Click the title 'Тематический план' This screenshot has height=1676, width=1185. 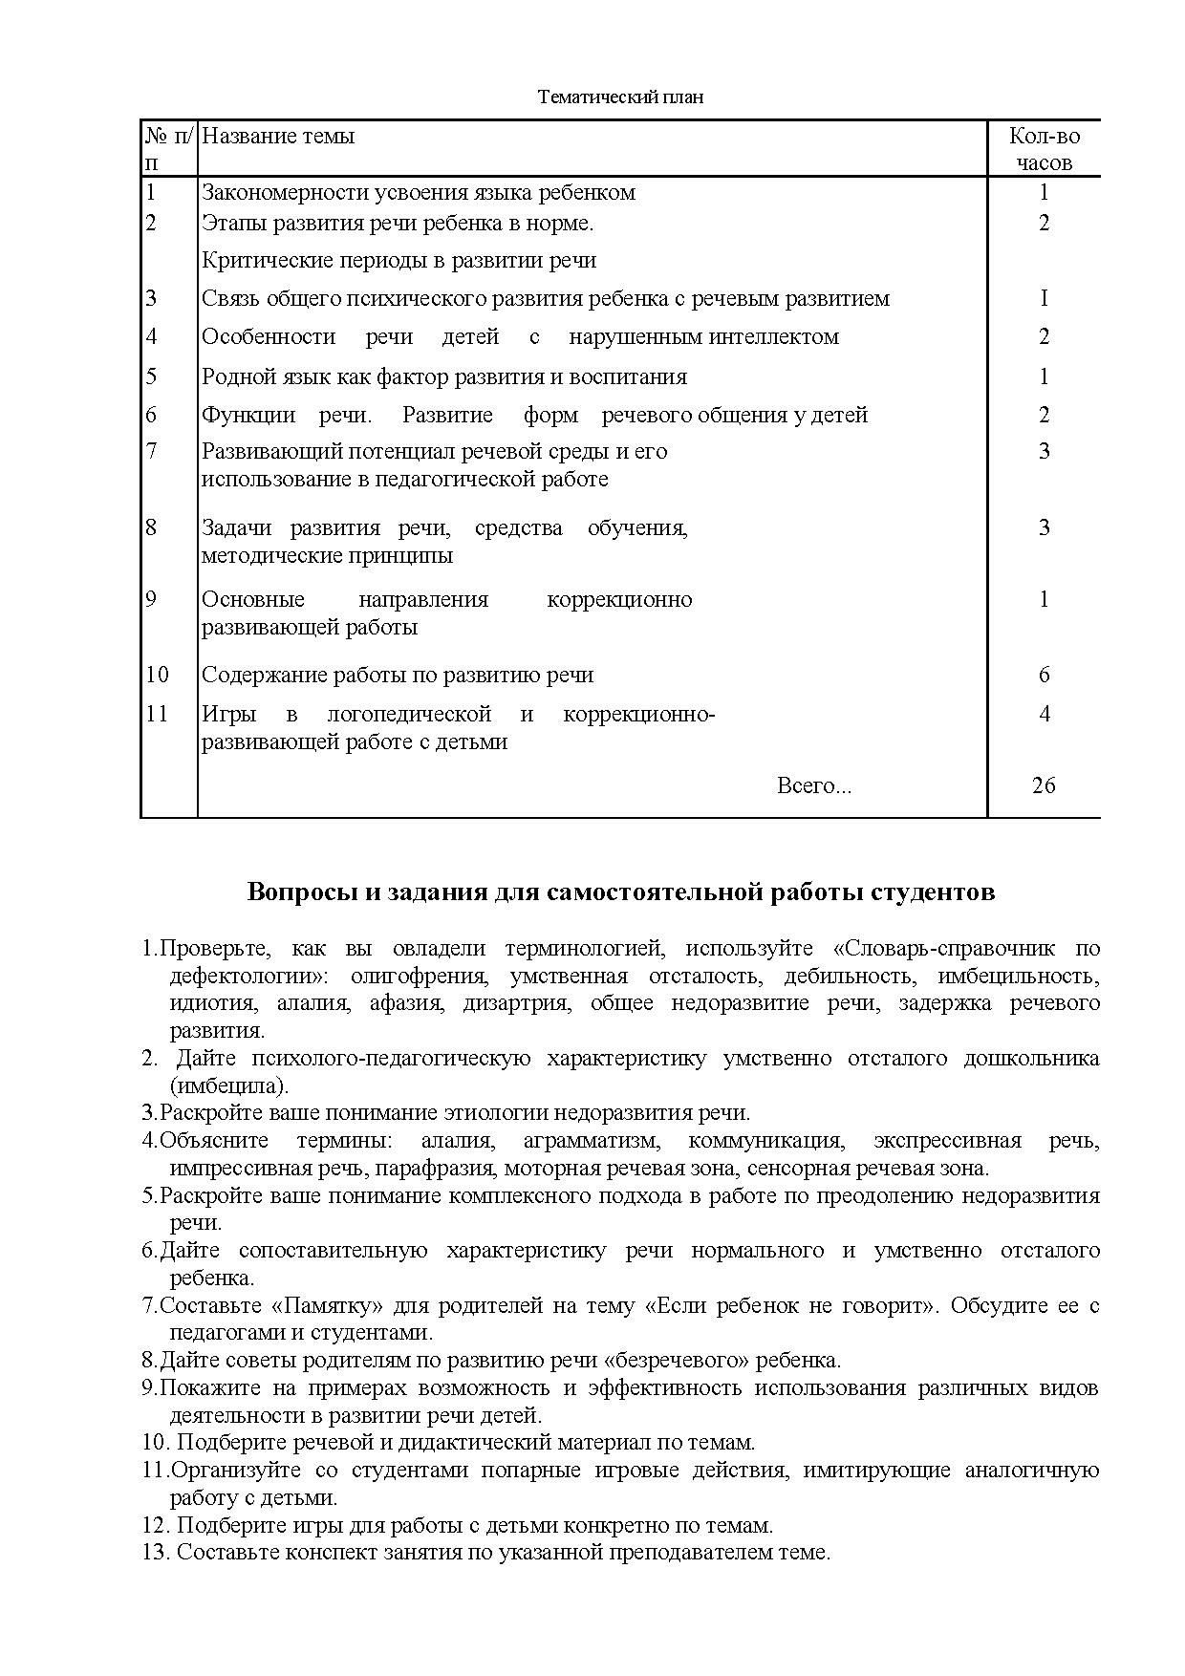point(620,97)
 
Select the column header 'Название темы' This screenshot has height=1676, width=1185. point(278,136)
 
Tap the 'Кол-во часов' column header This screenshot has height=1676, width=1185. point(1044,149)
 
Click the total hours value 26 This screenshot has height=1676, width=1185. point(1044,785)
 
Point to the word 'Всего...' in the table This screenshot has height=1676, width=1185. point(813,785)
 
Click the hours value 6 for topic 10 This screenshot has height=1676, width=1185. point(1044,675)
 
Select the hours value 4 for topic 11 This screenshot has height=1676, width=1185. point(1044,714)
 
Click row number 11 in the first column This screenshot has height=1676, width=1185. point(157,714)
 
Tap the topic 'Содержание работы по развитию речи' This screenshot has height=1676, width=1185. point(398,675)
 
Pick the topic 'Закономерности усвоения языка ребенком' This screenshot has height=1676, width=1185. point(419,192)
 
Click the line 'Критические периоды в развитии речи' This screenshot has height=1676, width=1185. point(399,260)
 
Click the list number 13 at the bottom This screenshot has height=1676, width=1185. point(155,1552)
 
